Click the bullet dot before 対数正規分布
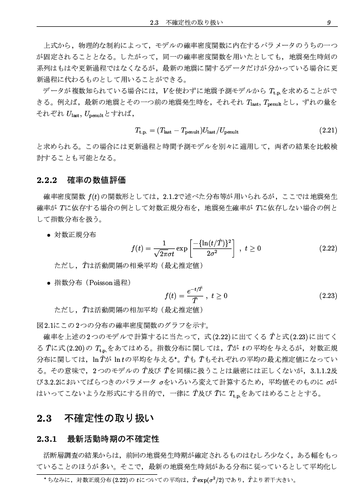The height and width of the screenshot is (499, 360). point(48,235)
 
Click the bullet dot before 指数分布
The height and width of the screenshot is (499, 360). point(48,283)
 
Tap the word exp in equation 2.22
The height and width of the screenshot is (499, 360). point(182,248)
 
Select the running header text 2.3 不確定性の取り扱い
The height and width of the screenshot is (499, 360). point(186,23)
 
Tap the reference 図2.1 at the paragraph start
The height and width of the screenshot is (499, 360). point(46,325)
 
